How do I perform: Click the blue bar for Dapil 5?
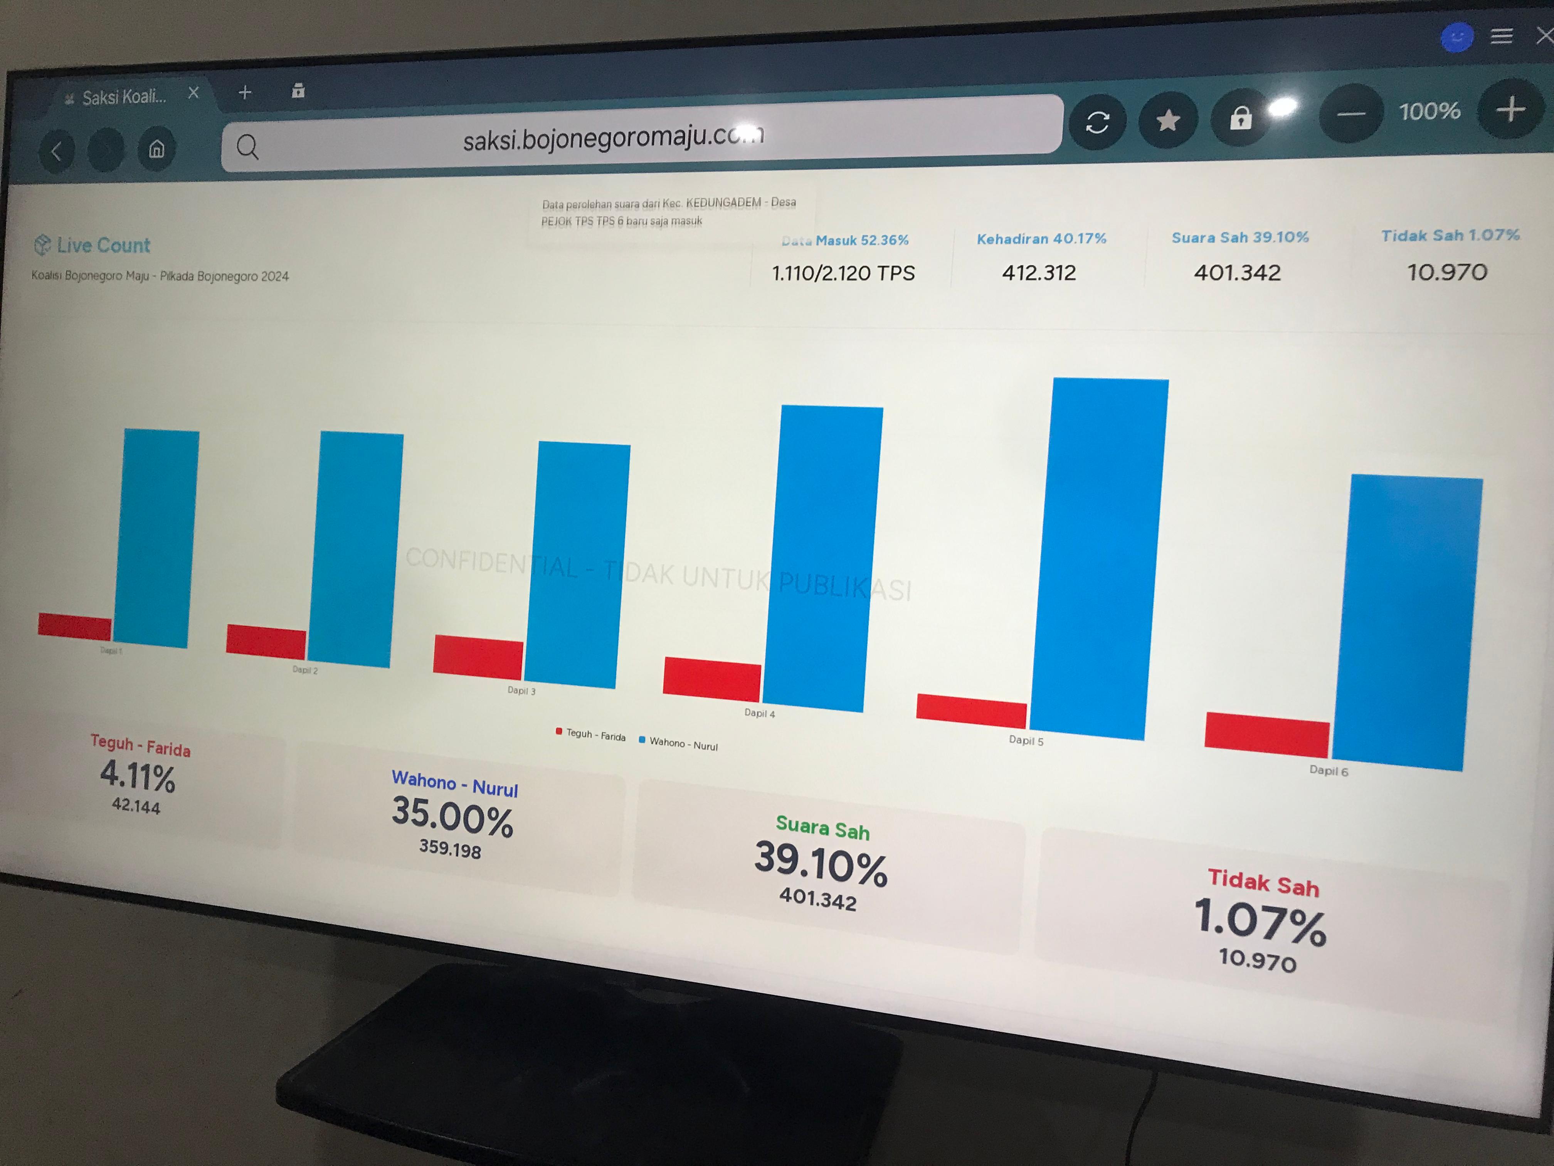[1098, 559]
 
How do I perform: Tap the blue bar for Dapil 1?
[156, 538]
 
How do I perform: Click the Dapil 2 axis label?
[305, 670]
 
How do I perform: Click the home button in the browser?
[156, 149]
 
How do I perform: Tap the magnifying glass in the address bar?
[247, 147]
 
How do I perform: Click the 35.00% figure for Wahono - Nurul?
[452, 817]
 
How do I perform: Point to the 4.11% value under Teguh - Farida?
[138, 777]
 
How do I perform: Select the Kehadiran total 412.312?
[1038, 273]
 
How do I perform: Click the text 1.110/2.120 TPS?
[843, 273]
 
